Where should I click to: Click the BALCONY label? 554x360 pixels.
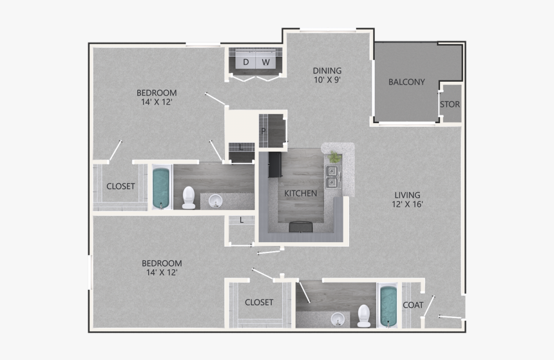pos(406,82)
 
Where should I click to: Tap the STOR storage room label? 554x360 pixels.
pos(450,104)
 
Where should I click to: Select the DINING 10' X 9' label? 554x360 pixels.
pos(327,75)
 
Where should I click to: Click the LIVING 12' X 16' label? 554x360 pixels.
pos(408,200)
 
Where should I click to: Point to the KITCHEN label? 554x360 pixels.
pos(300,193)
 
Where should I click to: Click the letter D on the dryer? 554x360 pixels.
pos(245,62)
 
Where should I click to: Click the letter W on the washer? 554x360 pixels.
pos(265,62)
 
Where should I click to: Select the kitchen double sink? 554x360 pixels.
pos(332,176)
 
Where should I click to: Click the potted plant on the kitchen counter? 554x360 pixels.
pos(334,157)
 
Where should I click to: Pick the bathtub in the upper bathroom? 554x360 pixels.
pos(160,187)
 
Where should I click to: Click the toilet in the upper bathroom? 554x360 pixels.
pos(189,197)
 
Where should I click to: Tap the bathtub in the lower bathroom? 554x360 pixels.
pos(387,305)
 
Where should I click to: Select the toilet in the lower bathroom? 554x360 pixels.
pos(365,316)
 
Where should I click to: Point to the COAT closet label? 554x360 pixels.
pos(412,305)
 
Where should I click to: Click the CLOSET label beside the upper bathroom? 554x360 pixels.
pos(120,187)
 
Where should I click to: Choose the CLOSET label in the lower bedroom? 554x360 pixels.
pos(259,302)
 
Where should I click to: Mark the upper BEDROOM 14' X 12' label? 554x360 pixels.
pos(158,97)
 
